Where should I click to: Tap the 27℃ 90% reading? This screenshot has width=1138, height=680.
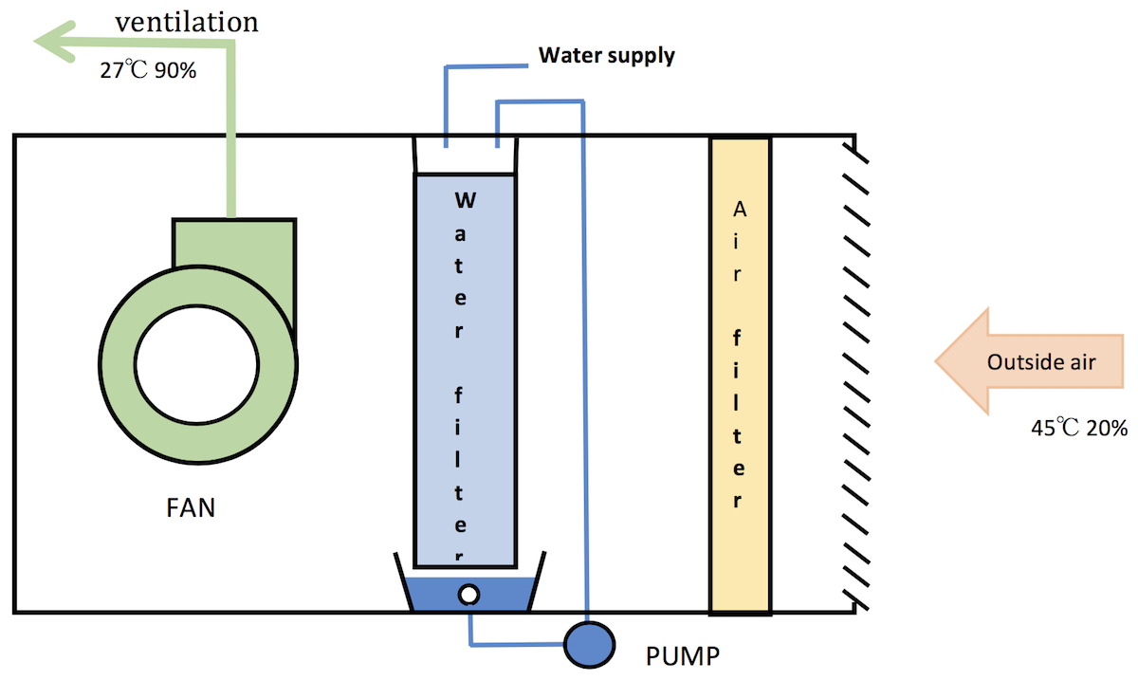pos(148,69)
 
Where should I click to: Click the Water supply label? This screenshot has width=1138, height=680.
pos(606,55)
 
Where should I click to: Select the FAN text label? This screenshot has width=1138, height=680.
pos(190,508)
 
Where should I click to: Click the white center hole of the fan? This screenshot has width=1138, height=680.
pos(197,366)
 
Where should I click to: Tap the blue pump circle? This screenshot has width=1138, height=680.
pos(589,644)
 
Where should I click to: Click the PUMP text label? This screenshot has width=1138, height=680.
pos(682,655)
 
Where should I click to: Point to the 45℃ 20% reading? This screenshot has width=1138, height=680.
pos(1078,427)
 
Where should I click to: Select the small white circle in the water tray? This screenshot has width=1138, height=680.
pos(468,595)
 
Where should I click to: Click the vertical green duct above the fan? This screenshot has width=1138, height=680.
pos(229,142)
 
